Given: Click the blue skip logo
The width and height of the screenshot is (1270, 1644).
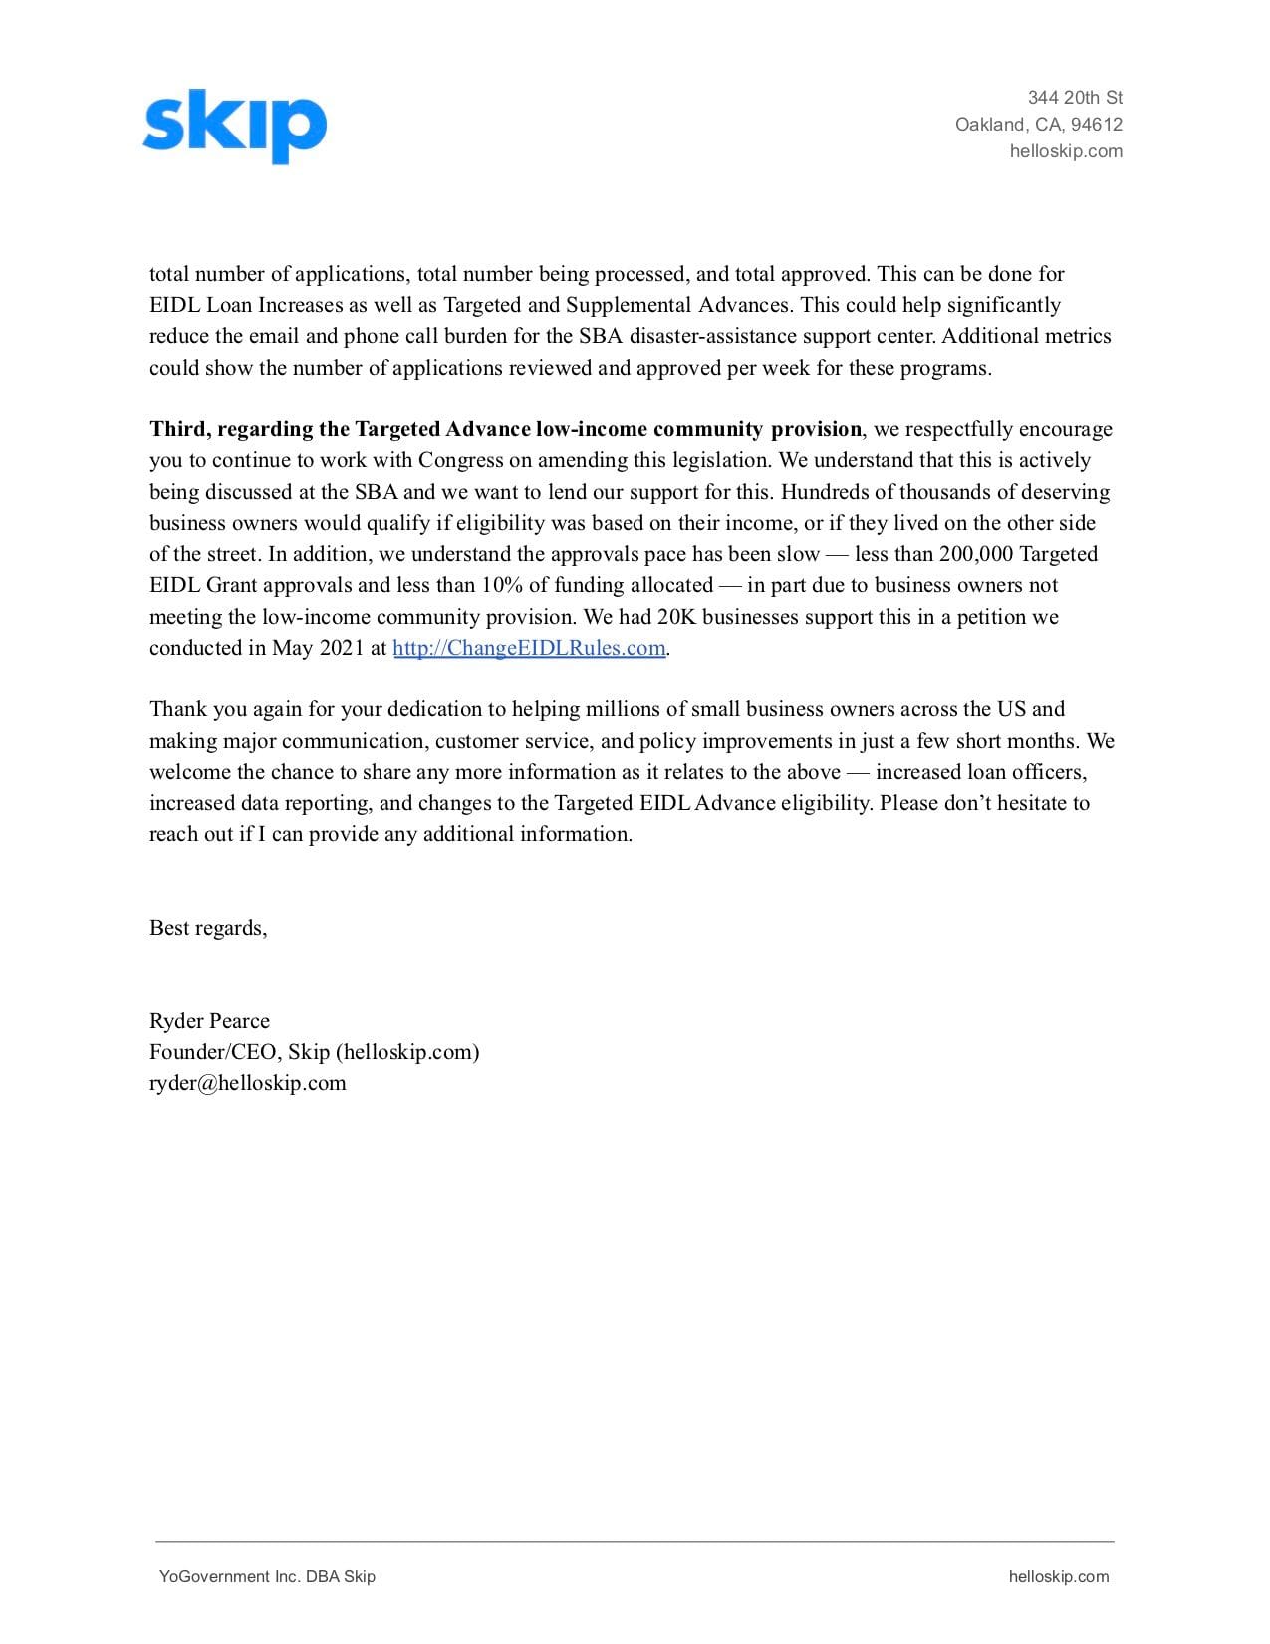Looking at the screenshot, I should pos(234,126).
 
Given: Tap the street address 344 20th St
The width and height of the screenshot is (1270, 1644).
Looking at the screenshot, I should pos(1075,98).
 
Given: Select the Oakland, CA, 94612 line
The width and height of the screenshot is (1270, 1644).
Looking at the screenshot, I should pos(1038,125).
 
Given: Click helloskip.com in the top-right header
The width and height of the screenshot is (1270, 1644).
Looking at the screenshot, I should pos(1066,151).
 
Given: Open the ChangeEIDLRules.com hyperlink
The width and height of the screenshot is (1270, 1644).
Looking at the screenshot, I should pos(529,648).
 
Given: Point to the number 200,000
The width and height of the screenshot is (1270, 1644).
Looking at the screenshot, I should pos(975,554).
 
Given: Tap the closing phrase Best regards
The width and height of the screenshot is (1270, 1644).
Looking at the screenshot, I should pos(207,928).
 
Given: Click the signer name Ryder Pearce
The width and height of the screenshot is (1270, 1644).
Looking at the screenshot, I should pos(209,1021).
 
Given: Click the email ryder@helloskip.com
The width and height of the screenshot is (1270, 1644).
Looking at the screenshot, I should pos(247,1083).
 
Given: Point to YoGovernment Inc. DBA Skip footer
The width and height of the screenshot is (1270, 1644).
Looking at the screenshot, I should pos(267,1576).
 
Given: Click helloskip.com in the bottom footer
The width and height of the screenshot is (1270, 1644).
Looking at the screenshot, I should pos(1058,1576).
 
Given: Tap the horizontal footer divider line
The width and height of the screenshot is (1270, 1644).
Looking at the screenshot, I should pos(635,1541).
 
